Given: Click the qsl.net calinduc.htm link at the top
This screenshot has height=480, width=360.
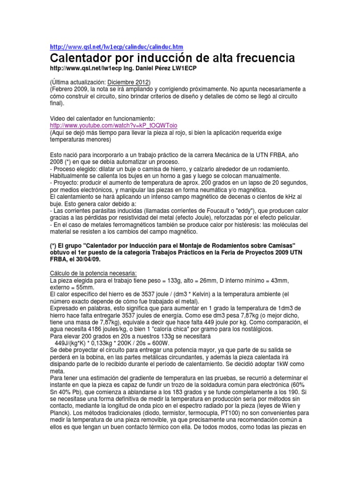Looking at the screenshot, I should coord(116,47).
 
